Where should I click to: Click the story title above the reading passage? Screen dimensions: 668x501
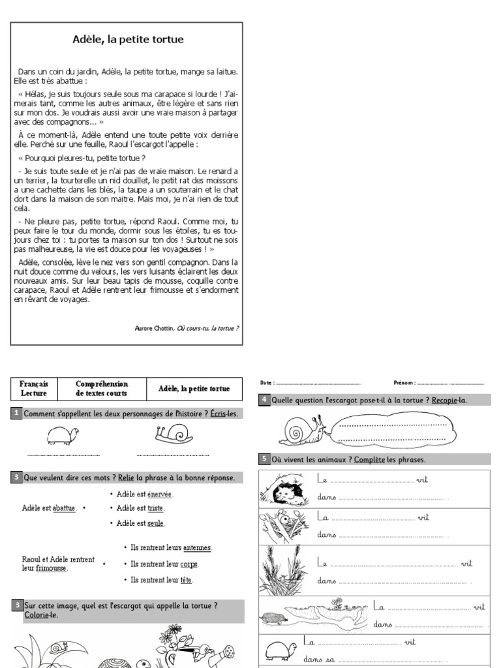(x=128, y=40)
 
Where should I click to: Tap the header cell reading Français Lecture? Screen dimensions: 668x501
(x=34, y=389)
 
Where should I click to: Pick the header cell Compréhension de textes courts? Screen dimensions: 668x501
(x=102, y=389)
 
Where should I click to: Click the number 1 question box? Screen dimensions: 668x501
(x=16, y=414)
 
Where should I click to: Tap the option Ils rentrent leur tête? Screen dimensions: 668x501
(x=162, y=579)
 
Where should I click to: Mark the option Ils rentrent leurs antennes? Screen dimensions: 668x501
(x=170, y=548)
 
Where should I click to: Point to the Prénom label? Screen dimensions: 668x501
(x=404, y=383)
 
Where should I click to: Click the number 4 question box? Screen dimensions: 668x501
(x=264, y=400)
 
